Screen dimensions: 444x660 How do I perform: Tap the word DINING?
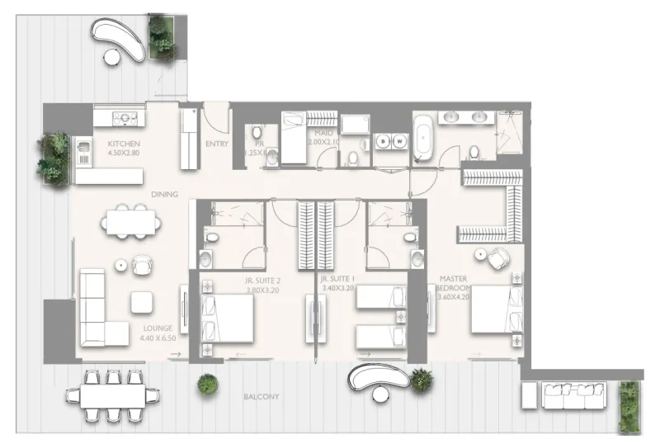(164, 194)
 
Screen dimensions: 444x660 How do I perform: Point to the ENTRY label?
(216, 144)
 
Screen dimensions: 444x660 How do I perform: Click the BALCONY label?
(261, 397)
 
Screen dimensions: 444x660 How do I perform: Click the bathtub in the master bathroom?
(423, 138)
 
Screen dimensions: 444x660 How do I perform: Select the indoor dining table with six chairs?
(130, 221)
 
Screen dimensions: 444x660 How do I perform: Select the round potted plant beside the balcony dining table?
(207, 384)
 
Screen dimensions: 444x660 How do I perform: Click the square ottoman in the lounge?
(142, 302)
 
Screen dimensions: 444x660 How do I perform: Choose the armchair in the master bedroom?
(497, 259)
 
